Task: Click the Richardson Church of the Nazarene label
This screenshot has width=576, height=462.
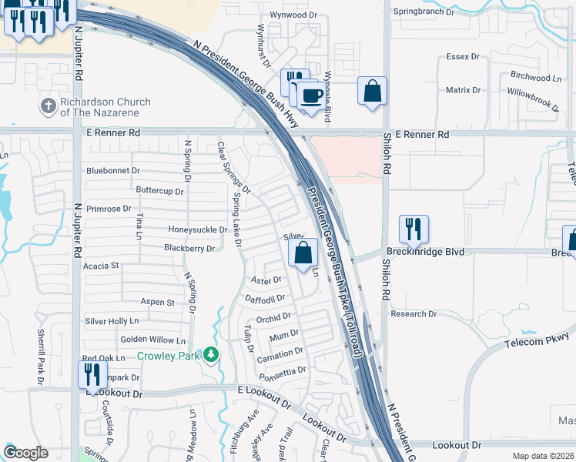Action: point(105,107)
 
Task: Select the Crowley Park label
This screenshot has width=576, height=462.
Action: point(168,356)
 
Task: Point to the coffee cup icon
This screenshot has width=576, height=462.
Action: point(312,95)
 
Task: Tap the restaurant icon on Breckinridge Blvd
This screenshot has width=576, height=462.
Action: point(414,229)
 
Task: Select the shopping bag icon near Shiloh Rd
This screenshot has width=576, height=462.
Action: point(373,90)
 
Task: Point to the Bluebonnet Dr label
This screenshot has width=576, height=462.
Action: point(114,170)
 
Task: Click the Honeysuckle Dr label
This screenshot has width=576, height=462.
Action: point(198,229)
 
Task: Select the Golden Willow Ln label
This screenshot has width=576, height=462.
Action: point(153,340)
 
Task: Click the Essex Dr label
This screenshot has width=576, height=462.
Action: point(463,58)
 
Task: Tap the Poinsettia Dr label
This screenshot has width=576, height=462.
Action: point(281,372)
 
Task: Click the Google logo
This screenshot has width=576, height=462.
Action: point(26,453)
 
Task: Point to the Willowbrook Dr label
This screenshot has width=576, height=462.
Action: point(532,91)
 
